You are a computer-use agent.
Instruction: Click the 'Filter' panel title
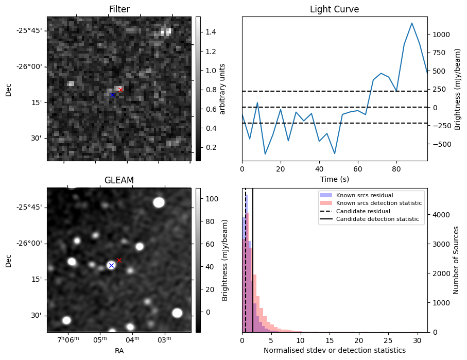[119, 9]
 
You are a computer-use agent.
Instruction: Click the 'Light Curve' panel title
[334, 9]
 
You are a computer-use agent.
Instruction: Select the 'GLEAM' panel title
[119, 180]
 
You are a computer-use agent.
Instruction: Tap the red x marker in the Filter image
[120, 90]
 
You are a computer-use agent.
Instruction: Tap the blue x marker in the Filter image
[113, 95]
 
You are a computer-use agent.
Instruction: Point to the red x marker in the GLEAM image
[119, 260]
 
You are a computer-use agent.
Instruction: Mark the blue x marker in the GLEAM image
[111, 265]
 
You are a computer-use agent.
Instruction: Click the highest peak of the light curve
[412, 23]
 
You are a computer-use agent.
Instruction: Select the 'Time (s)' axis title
[334, 179]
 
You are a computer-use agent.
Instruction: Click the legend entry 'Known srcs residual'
[364, 195]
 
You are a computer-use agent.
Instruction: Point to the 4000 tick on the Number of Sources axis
[441, 215]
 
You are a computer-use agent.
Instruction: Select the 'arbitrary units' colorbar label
[223, 89]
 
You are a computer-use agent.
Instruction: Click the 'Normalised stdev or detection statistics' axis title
[334, 350]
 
